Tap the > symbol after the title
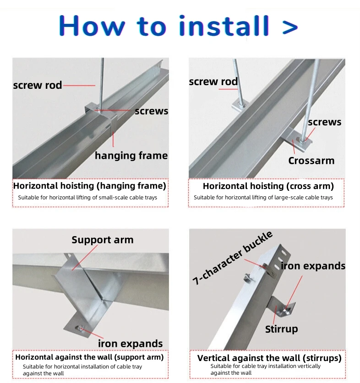290,26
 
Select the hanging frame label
131,156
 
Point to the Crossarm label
311,161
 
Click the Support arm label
102,240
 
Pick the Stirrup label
281,329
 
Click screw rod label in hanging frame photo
37,85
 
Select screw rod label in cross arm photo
213,82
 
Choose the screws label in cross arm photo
324,122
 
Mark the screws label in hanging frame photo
151,111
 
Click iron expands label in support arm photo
130,344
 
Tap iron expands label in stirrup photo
313,266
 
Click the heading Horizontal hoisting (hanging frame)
89,186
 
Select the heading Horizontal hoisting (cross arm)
268,186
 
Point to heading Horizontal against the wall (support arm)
89,357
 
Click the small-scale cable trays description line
87,198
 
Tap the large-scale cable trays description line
263,198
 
